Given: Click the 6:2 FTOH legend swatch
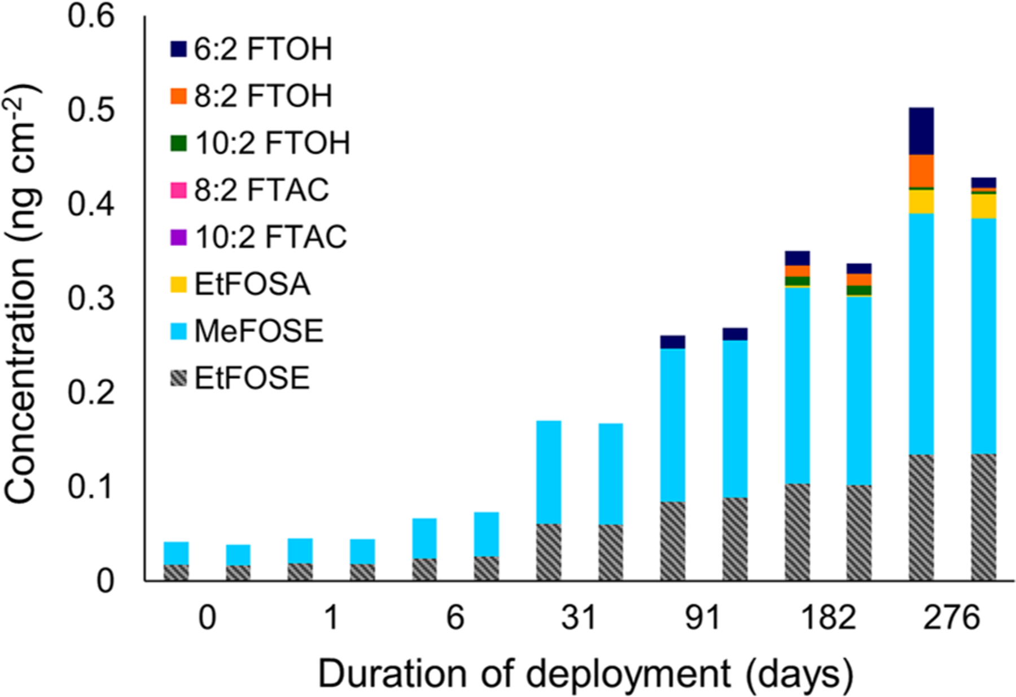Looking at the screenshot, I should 178,49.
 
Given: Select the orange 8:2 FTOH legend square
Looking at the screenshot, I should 178,96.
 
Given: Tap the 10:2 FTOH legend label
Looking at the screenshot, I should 273,143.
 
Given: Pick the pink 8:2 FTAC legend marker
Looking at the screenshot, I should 178,190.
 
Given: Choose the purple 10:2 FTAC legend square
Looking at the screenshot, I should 178,237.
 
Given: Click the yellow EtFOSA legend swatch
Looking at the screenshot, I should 178,284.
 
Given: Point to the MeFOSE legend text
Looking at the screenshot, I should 259,331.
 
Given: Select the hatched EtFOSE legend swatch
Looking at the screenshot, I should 178,378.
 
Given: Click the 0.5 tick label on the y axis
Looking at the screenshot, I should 91,110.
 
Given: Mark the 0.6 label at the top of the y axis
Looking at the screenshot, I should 91,16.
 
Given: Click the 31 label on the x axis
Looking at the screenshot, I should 579,617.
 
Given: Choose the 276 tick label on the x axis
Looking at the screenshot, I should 952,617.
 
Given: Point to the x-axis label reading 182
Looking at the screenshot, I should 828,617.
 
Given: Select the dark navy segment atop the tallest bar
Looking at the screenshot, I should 921,130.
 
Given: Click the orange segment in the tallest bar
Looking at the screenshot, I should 921,171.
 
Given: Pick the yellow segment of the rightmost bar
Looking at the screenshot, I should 983,207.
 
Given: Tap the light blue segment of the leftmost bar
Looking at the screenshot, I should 176,553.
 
